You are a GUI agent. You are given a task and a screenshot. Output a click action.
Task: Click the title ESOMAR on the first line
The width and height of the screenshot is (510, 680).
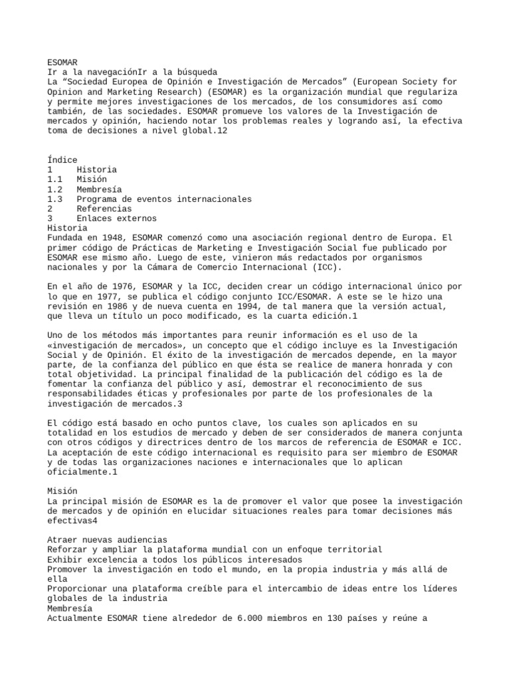62,62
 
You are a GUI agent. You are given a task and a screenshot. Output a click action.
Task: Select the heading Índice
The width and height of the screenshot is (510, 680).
62,160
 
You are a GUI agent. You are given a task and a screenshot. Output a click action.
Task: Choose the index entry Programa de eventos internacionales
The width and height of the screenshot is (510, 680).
164,199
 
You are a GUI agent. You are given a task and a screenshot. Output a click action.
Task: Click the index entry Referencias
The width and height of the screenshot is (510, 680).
104,209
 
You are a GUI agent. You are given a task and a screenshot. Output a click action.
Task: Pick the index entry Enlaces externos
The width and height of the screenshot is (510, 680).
116,218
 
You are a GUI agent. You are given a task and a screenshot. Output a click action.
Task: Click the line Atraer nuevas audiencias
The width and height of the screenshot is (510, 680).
108,540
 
